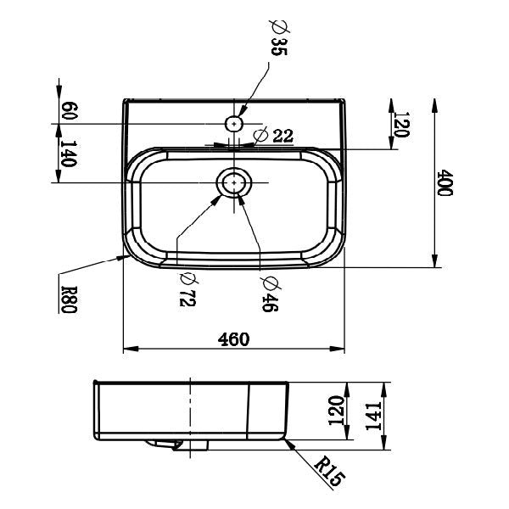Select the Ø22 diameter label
274,135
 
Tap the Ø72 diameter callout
188,290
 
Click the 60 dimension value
71,110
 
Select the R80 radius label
70,299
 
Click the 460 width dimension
233,339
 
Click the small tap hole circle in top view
234,124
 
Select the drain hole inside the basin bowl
234,182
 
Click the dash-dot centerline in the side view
192,416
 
